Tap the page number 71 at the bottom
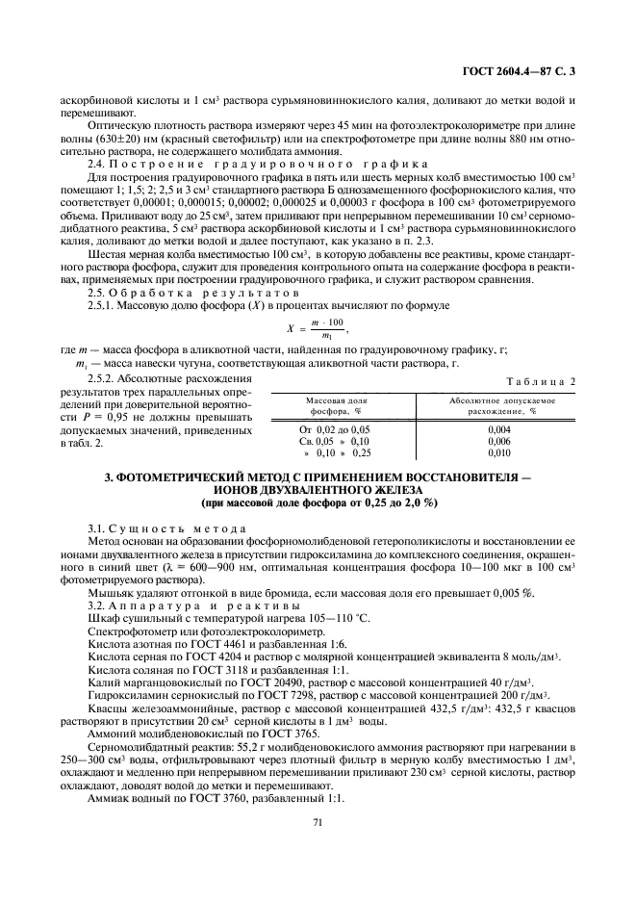[x=318, y=821]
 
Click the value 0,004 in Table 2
[x=498, y=428]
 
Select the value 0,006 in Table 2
[x=498, y=440]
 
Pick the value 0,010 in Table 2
[x=498, y=451]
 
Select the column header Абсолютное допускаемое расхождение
[x=498, y=404]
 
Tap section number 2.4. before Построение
[x=97, y=165]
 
